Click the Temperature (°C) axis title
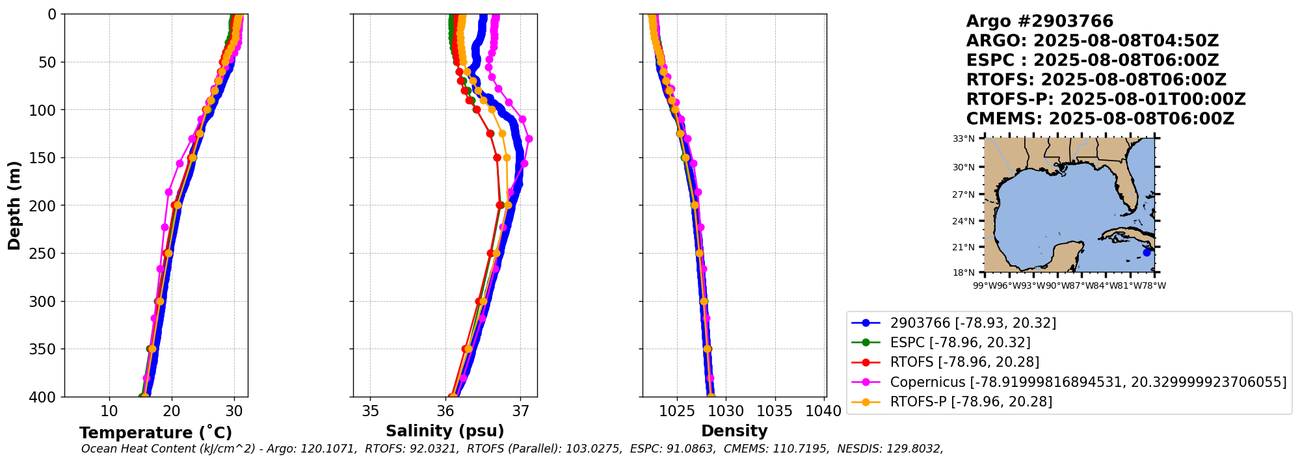[155, 433]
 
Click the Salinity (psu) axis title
[445, 431]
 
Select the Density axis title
[734, 431]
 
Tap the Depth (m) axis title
[14, 205]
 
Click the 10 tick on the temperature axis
[109, 411]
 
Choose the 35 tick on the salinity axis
[370, 411]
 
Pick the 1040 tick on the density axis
[823, 411]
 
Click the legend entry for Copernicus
[1087, 382]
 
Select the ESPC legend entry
[960, 343]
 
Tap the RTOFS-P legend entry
[970, 402]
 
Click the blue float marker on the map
[1147, 252]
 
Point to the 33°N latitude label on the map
[964, 139]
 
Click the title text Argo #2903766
[1039, 21]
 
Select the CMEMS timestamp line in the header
[1100, 119]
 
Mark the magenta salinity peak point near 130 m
[529, 139]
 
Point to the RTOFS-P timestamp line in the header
[1106, 99]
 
